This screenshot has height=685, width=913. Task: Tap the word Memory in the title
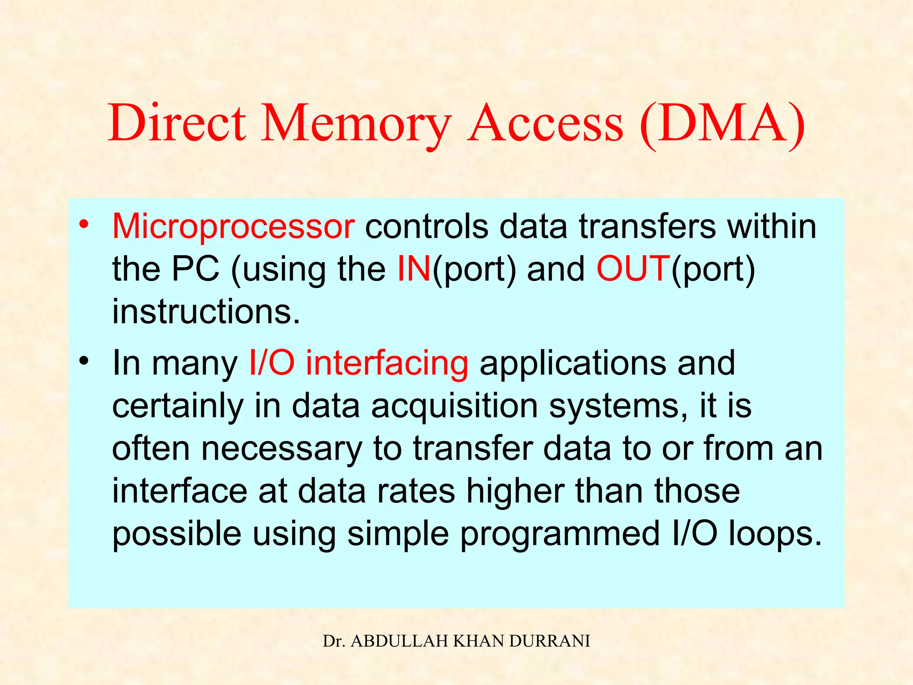click(355, 124)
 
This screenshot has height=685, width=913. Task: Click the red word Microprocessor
click(233, 227)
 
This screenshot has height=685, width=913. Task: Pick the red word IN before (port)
click(414, 269)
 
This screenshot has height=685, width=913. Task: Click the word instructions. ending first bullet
click(206, 311)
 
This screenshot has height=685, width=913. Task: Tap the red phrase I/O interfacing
click(358, 363)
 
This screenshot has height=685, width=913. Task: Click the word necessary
click(281, 448)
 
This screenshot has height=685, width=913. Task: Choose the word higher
click(515, 491)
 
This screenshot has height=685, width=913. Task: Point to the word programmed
click(559, 534)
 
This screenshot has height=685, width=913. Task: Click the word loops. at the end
click(775, 534)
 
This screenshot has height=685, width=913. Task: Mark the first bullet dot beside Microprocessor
click(84, 224)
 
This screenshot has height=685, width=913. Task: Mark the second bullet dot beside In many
click(84, 361)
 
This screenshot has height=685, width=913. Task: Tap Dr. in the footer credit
click(332, 641)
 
